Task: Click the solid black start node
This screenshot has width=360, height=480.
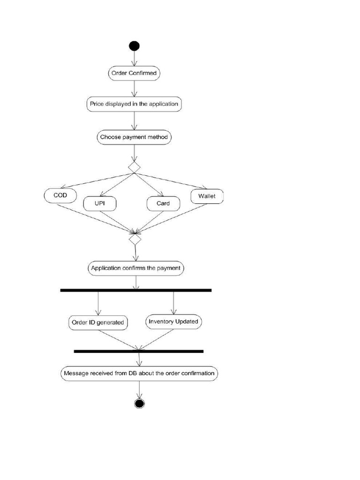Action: [x=135, y=46]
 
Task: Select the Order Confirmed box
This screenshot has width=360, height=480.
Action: [x=134, y=73]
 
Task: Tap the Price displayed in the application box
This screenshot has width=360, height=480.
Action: [x=134, y=104]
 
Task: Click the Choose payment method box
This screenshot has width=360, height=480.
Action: [x=134, y=137]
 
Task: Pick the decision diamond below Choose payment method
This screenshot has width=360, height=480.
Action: [x=135, y=167]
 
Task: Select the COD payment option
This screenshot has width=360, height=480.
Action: [x=60, y=195]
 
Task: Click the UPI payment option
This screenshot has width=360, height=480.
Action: [x=99, y=203]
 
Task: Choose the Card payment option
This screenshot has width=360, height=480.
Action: [x=163, y=203]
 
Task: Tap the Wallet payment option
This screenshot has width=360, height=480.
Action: [x=207, y=196]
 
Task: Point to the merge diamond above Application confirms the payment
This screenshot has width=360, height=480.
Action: [x=135, y=239]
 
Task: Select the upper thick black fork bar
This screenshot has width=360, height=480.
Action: [x=136, y=291]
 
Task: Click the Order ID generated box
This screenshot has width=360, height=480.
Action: [x=97, y=322]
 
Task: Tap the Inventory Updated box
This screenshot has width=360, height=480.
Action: [x=173, y=322]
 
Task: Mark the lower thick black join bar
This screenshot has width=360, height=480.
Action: [x=139, y=351]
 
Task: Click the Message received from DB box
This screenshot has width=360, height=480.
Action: [x=139, y=374]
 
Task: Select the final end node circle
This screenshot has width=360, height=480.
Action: [x=139, y=404]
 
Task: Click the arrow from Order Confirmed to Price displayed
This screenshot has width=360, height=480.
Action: [x=135, y=88]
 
